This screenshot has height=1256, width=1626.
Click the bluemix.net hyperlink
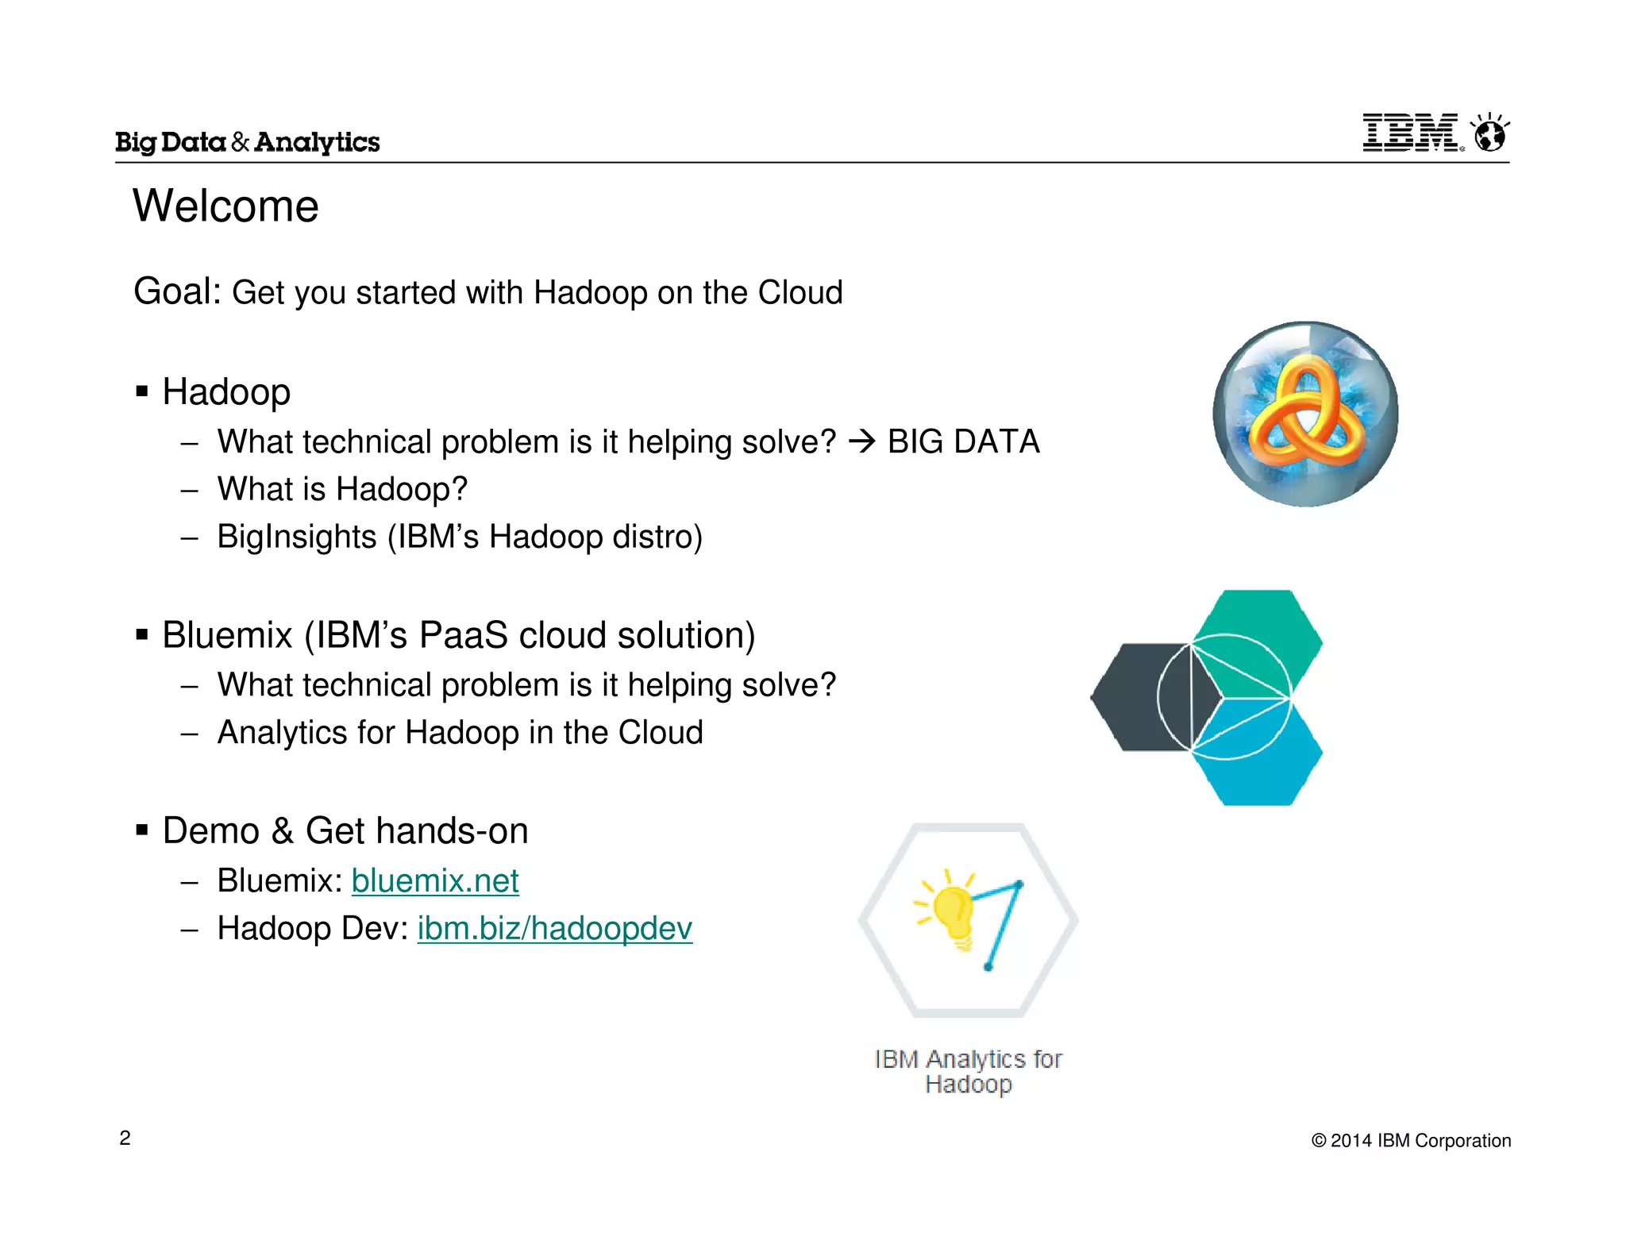435,880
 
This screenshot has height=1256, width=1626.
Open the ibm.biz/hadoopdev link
555,928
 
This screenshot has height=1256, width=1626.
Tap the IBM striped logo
1410,133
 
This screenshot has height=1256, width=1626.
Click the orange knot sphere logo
1305,414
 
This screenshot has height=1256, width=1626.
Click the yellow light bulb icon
953,913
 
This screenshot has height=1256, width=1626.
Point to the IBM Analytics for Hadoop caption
968,1071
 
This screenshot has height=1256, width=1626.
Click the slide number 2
125,1138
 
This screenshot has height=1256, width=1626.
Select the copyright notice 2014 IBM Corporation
1411,1141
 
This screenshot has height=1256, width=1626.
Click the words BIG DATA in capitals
963,441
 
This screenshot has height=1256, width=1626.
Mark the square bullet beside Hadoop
142,391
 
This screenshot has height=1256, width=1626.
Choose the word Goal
177,291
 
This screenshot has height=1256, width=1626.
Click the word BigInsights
297,537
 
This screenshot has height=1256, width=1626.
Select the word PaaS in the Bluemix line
464,635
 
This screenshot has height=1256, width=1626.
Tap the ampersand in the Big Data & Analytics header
241,142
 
